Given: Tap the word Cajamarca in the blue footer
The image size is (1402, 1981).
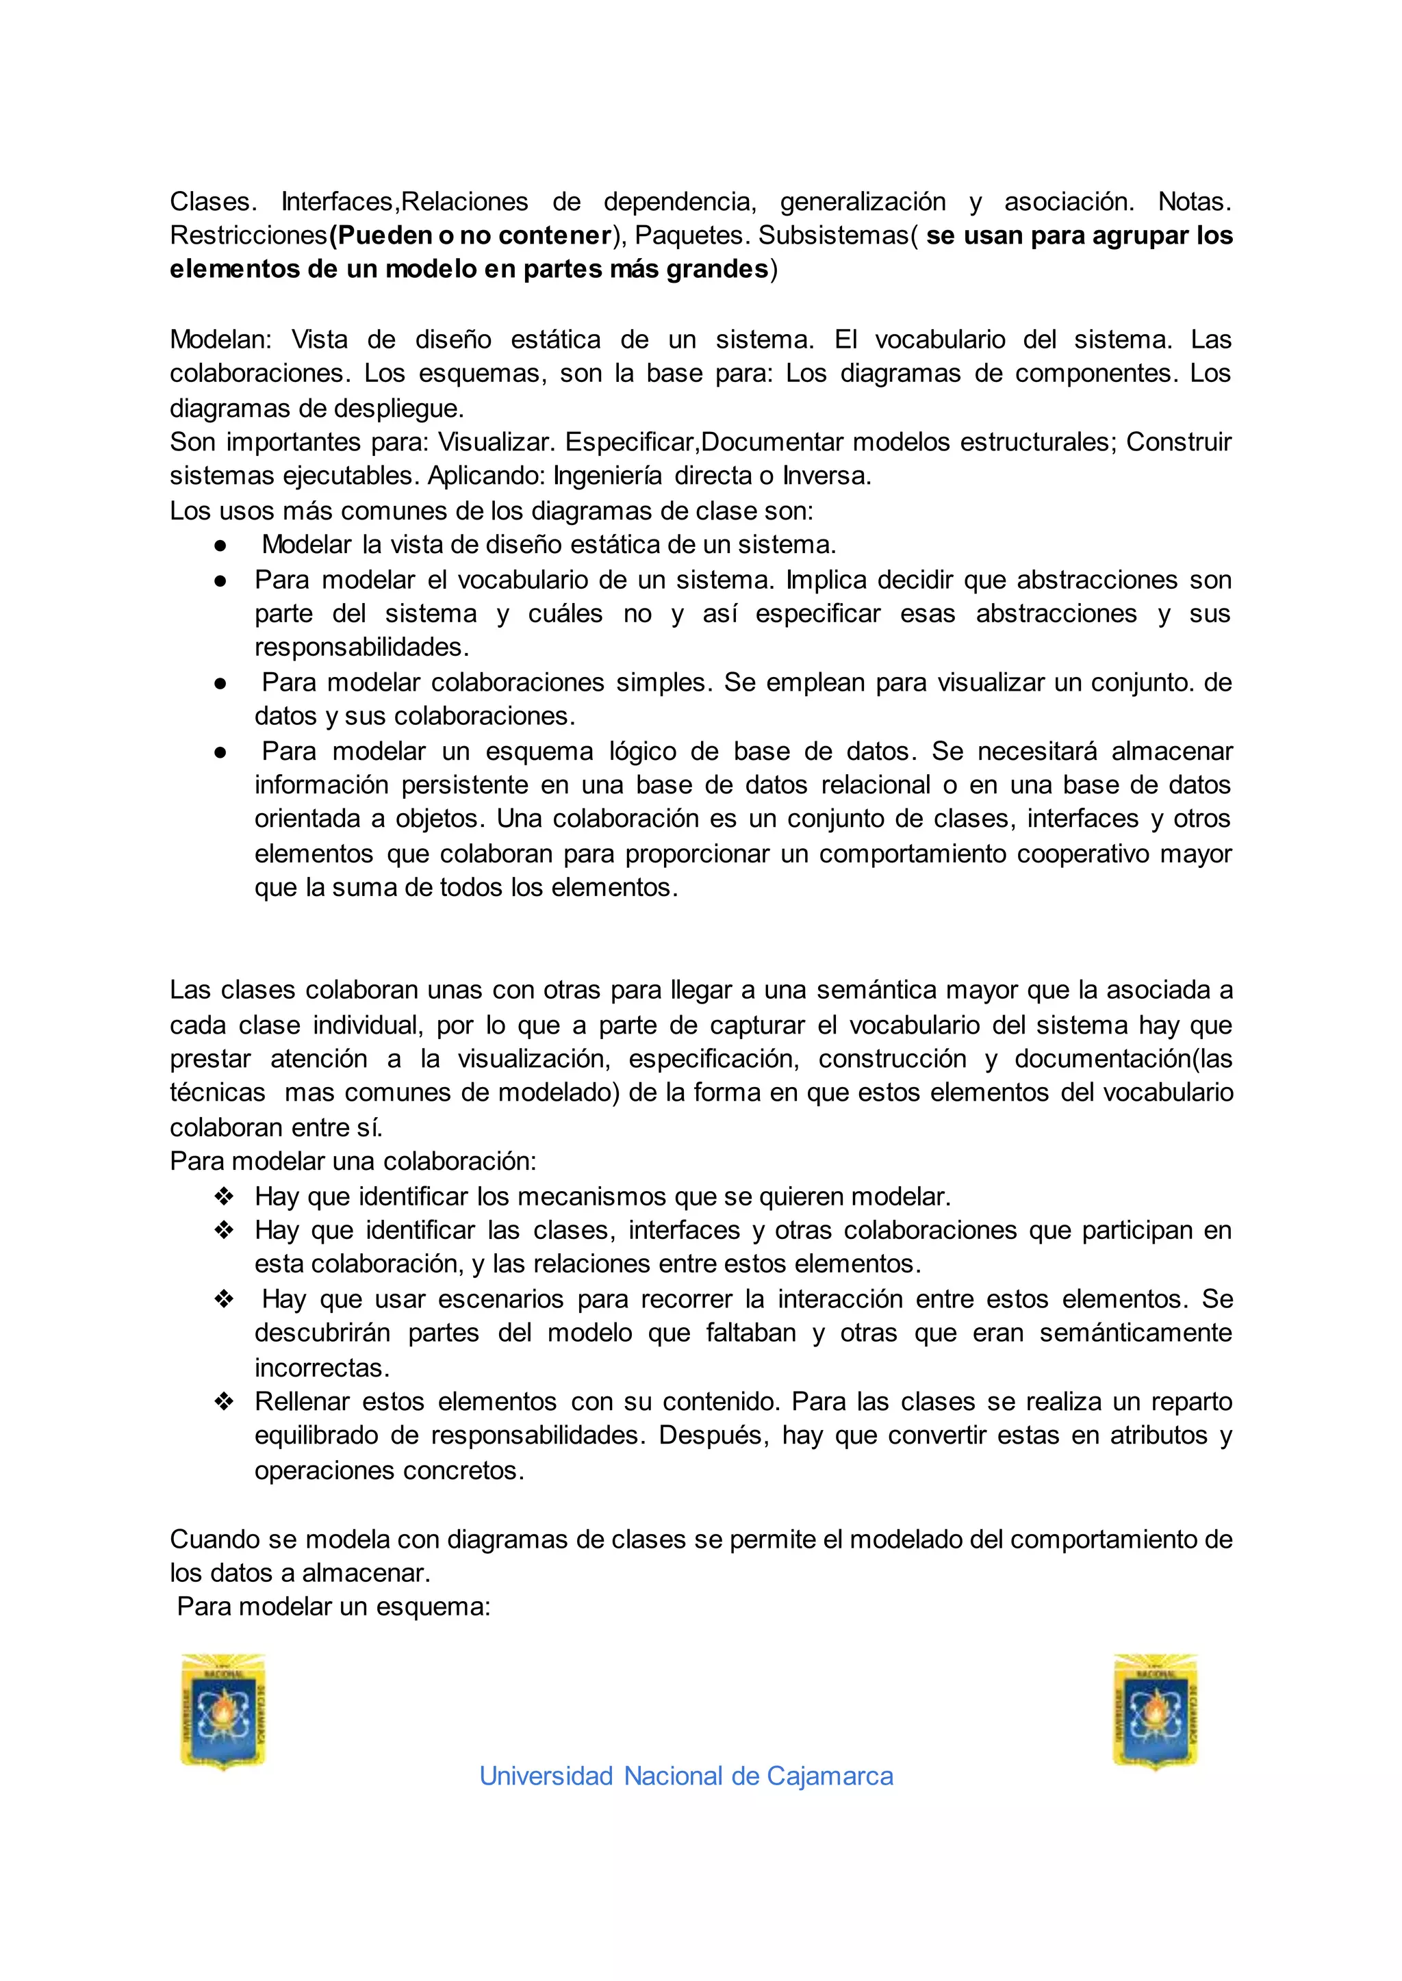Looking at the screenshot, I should click(x=830, y=1776).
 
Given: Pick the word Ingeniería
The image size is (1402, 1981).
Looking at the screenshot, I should click(x=608, y=476).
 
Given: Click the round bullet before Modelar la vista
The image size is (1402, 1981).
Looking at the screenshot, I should click(x=221, y=546).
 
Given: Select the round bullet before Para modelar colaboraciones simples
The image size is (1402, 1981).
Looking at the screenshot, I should click(x=221, y=682).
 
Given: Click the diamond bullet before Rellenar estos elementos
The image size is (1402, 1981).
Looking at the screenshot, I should click(x=224, y=1402).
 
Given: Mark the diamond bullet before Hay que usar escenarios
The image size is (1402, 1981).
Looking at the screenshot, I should click(x=224, y=1299).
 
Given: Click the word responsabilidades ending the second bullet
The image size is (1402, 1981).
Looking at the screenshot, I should click(x=361, y=648).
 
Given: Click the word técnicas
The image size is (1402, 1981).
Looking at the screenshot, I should click(x=218, y=1092).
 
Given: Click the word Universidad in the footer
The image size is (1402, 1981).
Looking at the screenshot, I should click(x=546, y=1776).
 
